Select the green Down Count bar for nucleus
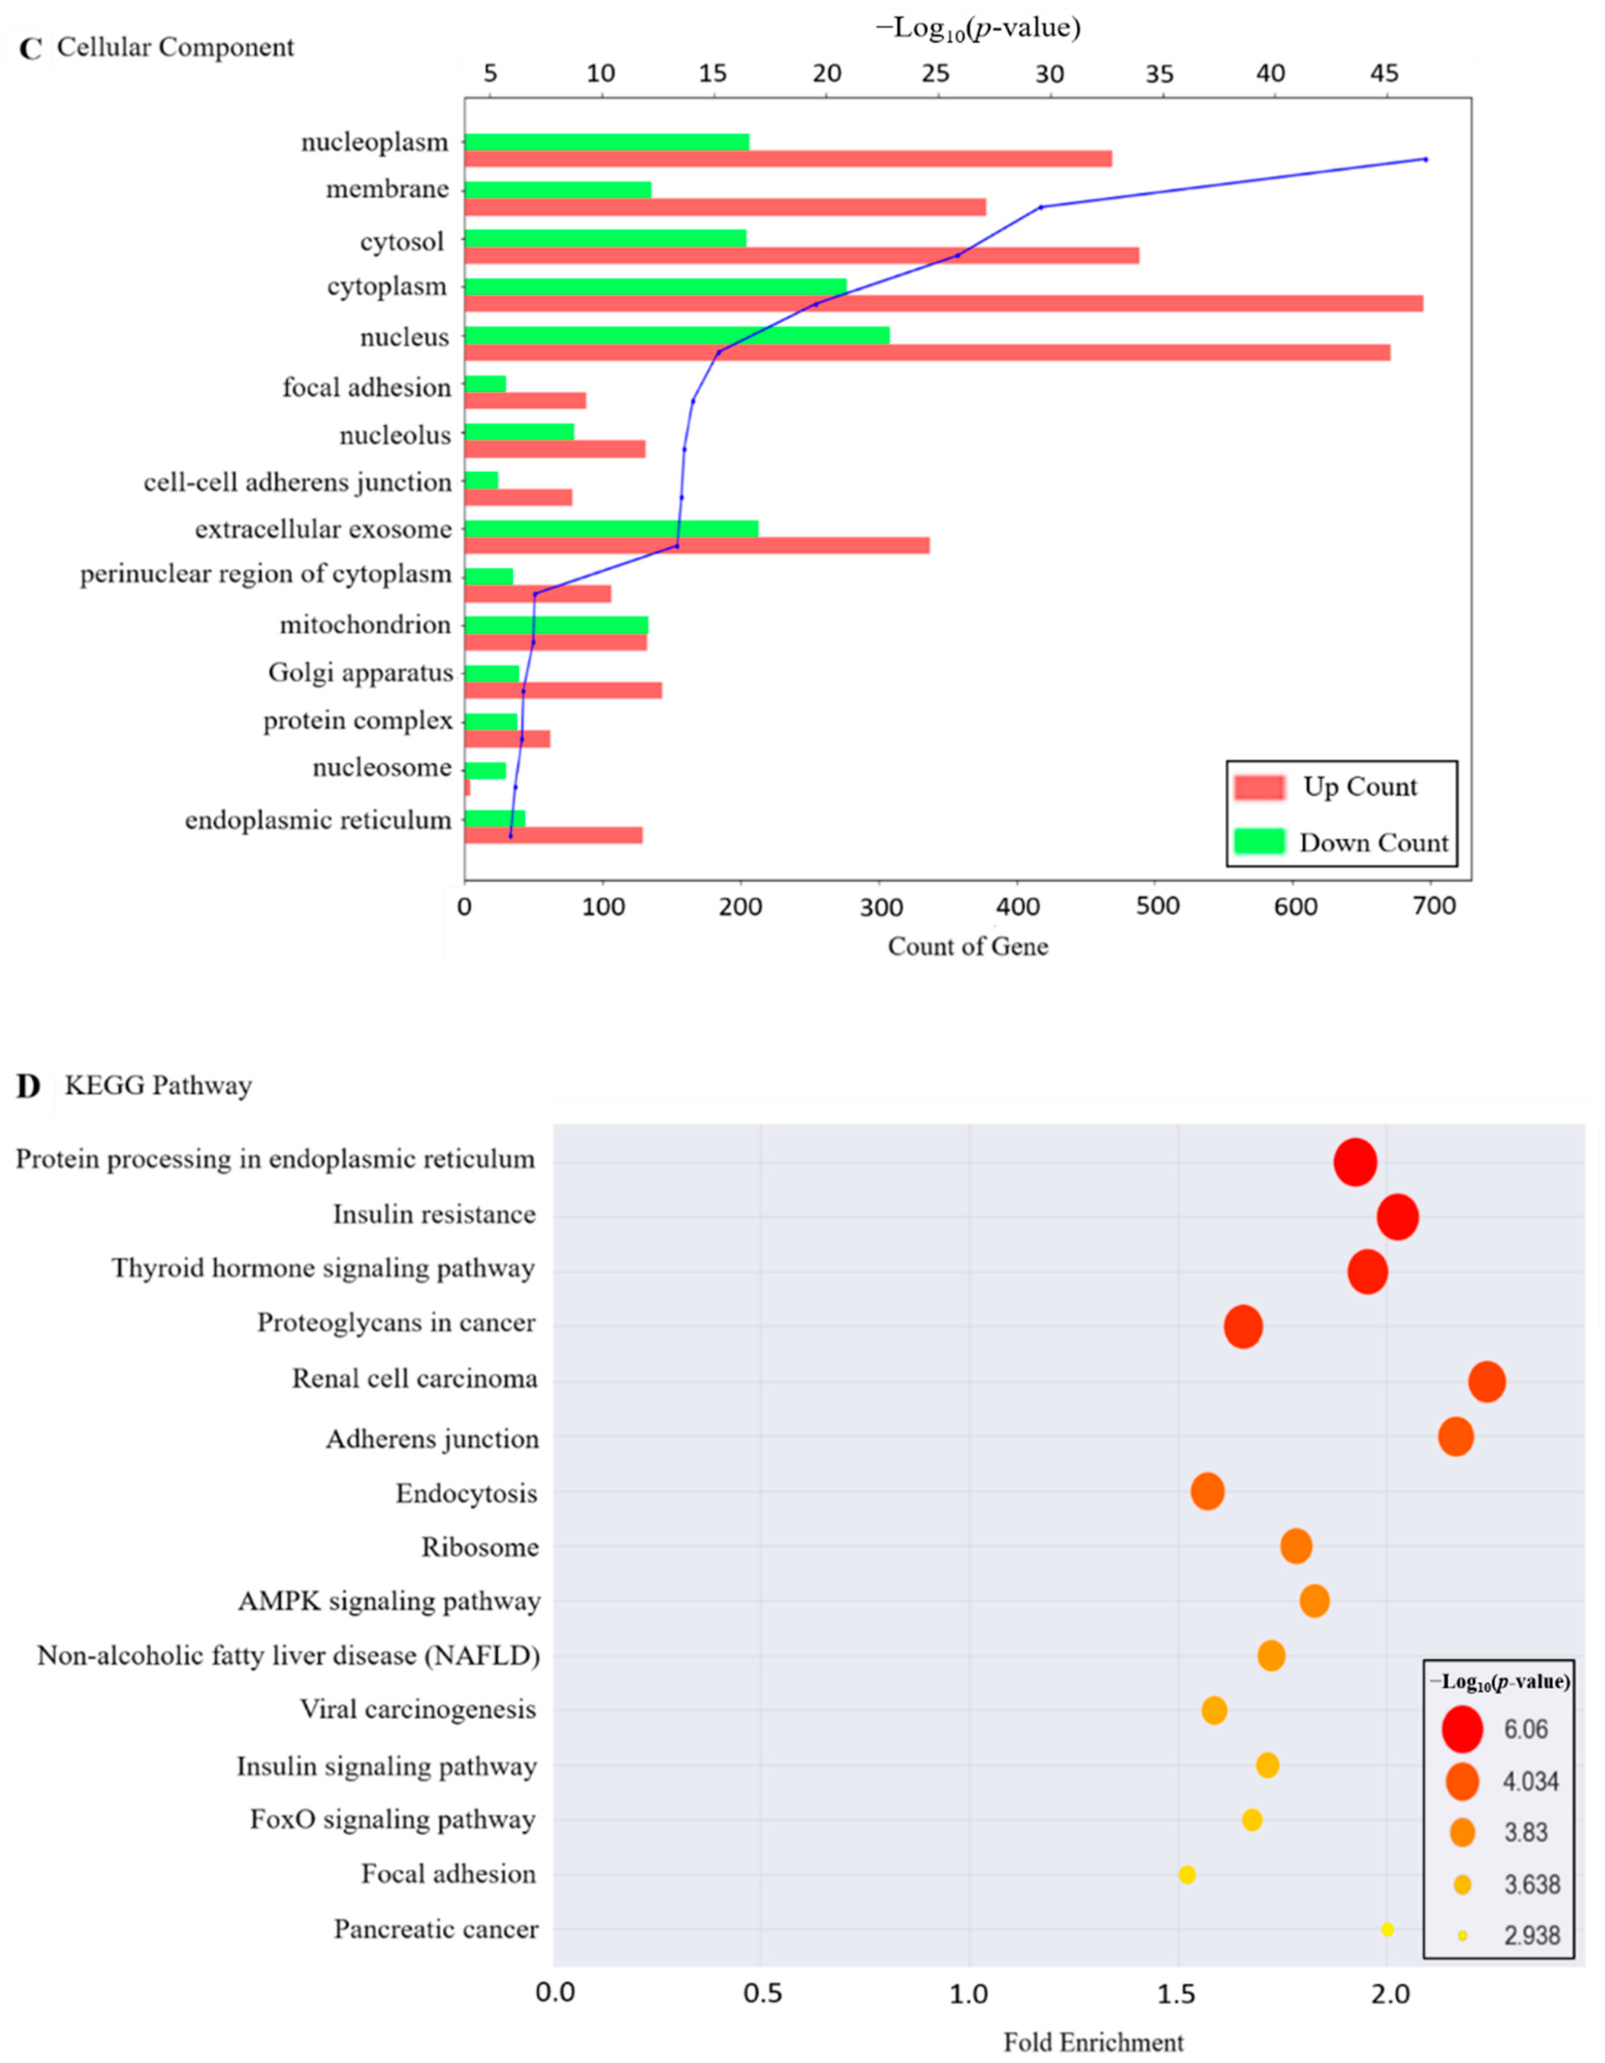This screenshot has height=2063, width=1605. [x=676, y=335]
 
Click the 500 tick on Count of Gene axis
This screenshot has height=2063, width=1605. [x=1157, y=907]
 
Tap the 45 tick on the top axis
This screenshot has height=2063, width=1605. [x=1385, y=74]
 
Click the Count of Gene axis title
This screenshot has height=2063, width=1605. [x=968, y=947]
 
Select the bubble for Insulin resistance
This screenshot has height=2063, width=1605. [x=1397, y=1217]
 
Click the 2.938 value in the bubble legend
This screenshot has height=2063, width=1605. [x=1531, y=1935]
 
